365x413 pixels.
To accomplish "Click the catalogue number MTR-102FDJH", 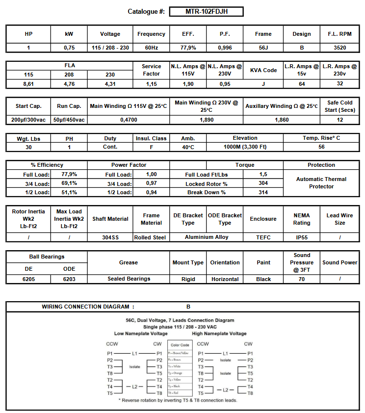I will [206, 11].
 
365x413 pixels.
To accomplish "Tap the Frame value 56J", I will [263, 48].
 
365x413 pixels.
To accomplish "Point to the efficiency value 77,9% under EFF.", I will [188, 48].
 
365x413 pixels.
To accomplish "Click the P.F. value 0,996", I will [225, 48].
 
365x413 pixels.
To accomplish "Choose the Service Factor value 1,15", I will [151, 84].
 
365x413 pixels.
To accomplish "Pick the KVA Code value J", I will [263, 84].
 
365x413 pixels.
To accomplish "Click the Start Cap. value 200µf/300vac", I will [29, 120].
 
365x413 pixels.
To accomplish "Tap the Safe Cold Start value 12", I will [339, 120].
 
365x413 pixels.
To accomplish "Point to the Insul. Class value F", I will [151, 147].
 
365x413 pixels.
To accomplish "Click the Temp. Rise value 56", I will [321, 147].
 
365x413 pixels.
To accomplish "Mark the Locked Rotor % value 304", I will [263, 183].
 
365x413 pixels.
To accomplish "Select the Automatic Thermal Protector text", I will [321, 183].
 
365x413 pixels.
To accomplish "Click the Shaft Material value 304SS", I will [110, 237].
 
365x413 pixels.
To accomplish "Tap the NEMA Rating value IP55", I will [302, 237].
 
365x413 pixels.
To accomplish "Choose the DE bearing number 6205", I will [28, 279].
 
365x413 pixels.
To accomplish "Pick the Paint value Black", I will [263, 279].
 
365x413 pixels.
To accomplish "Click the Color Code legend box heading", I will [180, 345].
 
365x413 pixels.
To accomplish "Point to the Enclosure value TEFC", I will [263, 237].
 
